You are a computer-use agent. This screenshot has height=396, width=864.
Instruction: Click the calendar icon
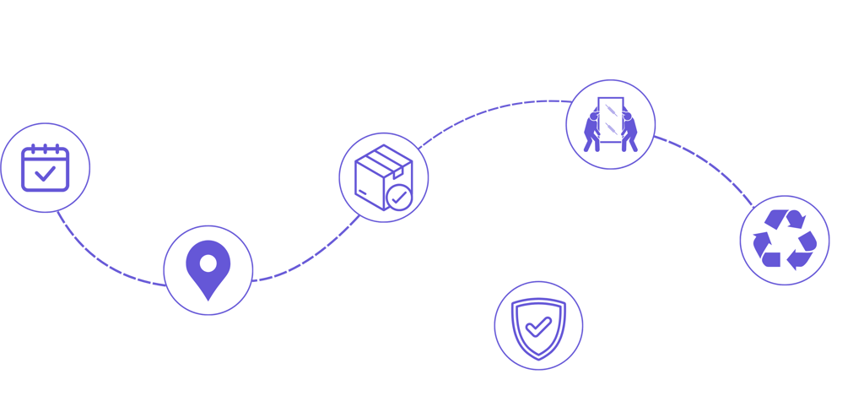coord(46,167)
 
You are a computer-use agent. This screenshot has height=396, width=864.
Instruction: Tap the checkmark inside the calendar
coord(46,174)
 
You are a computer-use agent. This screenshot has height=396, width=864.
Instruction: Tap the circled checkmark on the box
coord(399,198)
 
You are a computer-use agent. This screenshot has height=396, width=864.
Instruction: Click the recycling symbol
coord(785,241)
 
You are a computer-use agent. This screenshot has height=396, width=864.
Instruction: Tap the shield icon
coord(538,325)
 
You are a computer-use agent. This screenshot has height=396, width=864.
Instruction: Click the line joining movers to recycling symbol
coord(709,165)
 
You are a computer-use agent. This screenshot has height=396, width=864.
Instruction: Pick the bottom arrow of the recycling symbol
coord(783,259)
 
